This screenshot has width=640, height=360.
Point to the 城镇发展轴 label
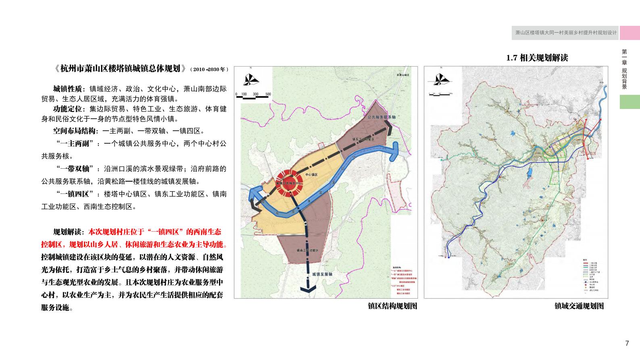click(322, 274)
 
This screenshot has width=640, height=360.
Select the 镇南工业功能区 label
click(307, 251)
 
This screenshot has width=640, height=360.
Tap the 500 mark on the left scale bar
click(268, 94)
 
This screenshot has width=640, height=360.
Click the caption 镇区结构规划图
click(392, 306)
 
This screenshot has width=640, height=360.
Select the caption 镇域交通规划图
click(579, 306)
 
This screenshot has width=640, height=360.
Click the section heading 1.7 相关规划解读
click(537, 58)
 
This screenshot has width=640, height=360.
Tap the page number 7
click(627, 343)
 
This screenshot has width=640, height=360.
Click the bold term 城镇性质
click(67, 89)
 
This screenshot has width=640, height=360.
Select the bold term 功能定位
click(67, 109)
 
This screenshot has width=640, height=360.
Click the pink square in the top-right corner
click(630, 33)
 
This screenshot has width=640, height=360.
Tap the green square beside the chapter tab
click(630, 102)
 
